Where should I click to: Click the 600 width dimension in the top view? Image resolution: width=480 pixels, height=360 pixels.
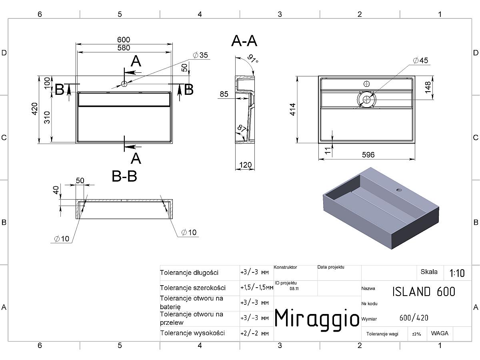pos(124,40)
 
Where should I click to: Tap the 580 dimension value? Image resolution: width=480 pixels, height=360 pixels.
pos(124,48)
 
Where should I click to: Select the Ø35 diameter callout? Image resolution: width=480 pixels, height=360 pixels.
pos(200,55)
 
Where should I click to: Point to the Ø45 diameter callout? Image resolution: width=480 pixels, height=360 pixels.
pos(420,60)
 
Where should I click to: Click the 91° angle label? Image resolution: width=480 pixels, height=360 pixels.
pos(253,58)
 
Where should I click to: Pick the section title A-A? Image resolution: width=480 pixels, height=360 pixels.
pos(244,41)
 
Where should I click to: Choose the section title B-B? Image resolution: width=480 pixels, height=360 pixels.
pos(124,176)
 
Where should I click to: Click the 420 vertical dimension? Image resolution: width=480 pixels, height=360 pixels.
pos(35,109)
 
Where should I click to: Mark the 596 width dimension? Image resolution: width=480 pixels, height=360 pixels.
pos(368,155)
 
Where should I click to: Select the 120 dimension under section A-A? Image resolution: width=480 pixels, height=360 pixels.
pos(245,165)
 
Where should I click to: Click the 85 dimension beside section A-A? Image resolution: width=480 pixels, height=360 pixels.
pos(224,94)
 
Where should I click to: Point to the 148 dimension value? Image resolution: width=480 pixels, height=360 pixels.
pos(428,87)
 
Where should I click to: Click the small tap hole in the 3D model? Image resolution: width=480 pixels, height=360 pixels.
pos(399,190)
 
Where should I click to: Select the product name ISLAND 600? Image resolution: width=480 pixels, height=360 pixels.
pos(424,292)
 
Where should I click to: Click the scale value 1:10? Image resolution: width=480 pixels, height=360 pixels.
pos(457,273)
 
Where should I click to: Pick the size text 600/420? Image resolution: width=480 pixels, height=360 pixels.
pos(414,318)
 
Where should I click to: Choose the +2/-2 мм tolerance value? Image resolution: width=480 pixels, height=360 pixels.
pos(254,334)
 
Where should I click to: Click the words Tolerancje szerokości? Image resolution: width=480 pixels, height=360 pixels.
pos(193,288)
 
